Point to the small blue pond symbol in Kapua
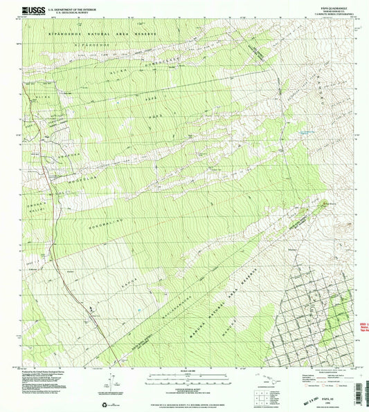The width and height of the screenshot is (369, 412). [x=141, y=310]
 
